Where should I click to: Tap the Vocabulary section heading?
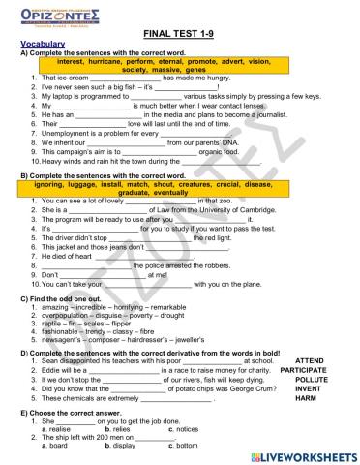[x=39, y=45]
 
